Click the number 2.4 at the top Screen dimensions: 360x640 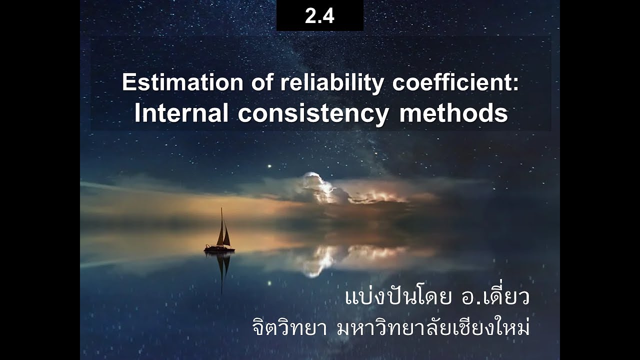pos(319,16)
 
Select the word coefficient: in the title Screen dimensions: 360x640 pos(455,82)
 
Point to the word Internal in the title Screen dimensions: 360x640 pos(181,114)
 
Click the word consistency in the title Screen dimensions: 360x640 pos(313,114)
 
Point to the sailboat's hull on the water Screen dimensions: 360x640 pos(219,248)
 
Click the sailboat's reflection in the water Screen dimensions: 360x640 pos(221,270)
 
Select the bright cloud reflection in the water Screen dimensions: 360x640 pos(320,260)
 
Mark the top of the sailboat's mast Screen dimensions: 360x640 pos(221,209)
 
